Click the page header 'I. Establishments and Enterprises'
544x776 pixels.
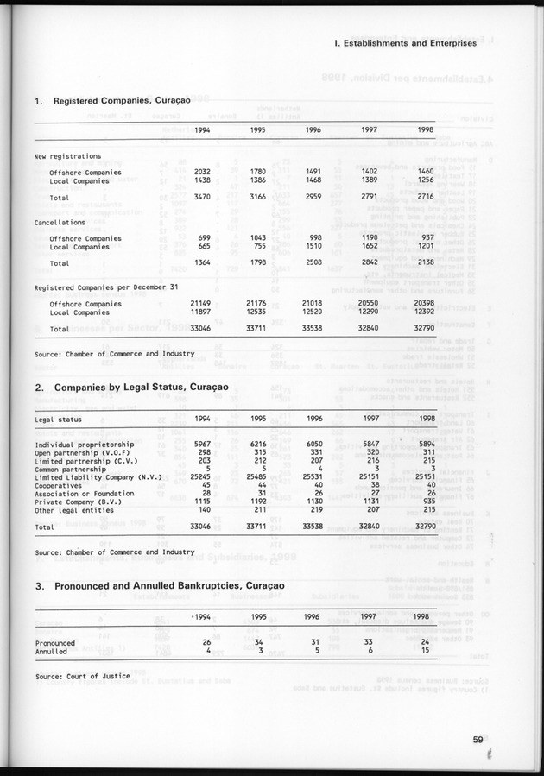pyautogui.click(x=405, y=41)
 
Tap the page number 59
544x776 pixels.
pyautogui.click(x=478, y=737)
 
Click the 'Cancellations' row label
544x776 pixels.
pyautogui.click(x=60, y=222)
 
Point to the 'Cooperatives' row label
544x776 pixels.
pyautogui.click(x=60, y=484)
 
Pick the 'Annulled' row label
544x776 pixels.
pyautogui.click(x=51, y=651)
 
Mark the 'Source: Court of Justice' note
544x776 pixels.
pyautogui.click(x=82, y=676)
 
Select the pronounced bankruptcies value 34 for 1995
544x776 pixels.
pyautogui.click(x=258, y=642)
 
